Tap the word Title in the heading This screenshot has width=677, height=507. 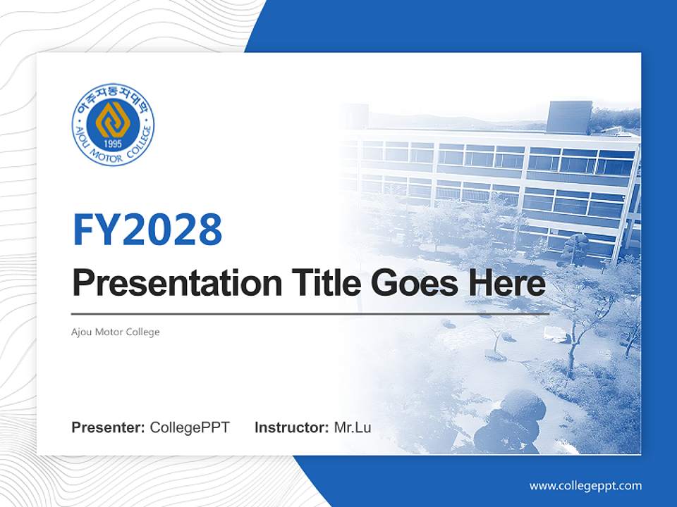click(x=315, y=284)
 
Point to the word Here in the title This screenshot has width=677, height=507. click(x=508, y=284)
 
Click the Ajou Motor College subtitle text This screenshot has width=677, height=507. click(x=116, y=332)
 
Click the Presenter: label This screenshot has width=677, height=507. click(x=109, y=427)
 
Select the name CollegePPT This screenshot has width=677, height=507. click(x=190, y=427)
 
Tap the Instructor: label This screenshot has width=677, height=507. click(x=291, y=427)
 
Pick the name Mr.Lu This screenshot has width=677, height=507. click(x=353, y=427)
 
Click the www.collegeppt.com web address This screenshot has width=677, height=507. click(x=585, y=486)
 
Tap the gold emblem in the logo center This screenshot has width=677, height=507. click(x=113, y=120)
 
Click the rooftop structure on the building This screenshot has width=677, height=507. click(x=569, y=116)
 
